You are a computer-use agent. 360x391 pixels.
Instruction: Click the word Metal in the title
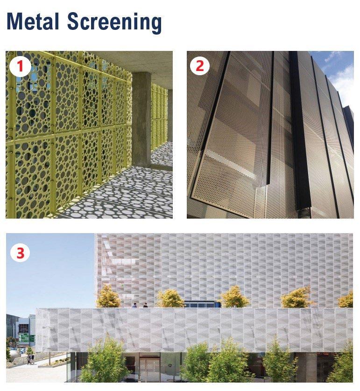(33, 22)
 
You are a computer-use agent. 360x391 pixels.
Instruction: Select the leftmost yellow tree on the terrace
(108, 297)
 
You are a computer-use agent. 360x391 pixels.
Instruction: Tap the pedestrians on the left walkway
(29, 359)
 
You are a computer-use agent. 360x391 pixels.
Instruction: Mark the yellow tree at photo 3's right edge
(346, 299)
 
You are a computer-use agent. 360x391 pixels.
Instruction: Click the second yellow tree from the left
(170, 298)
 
